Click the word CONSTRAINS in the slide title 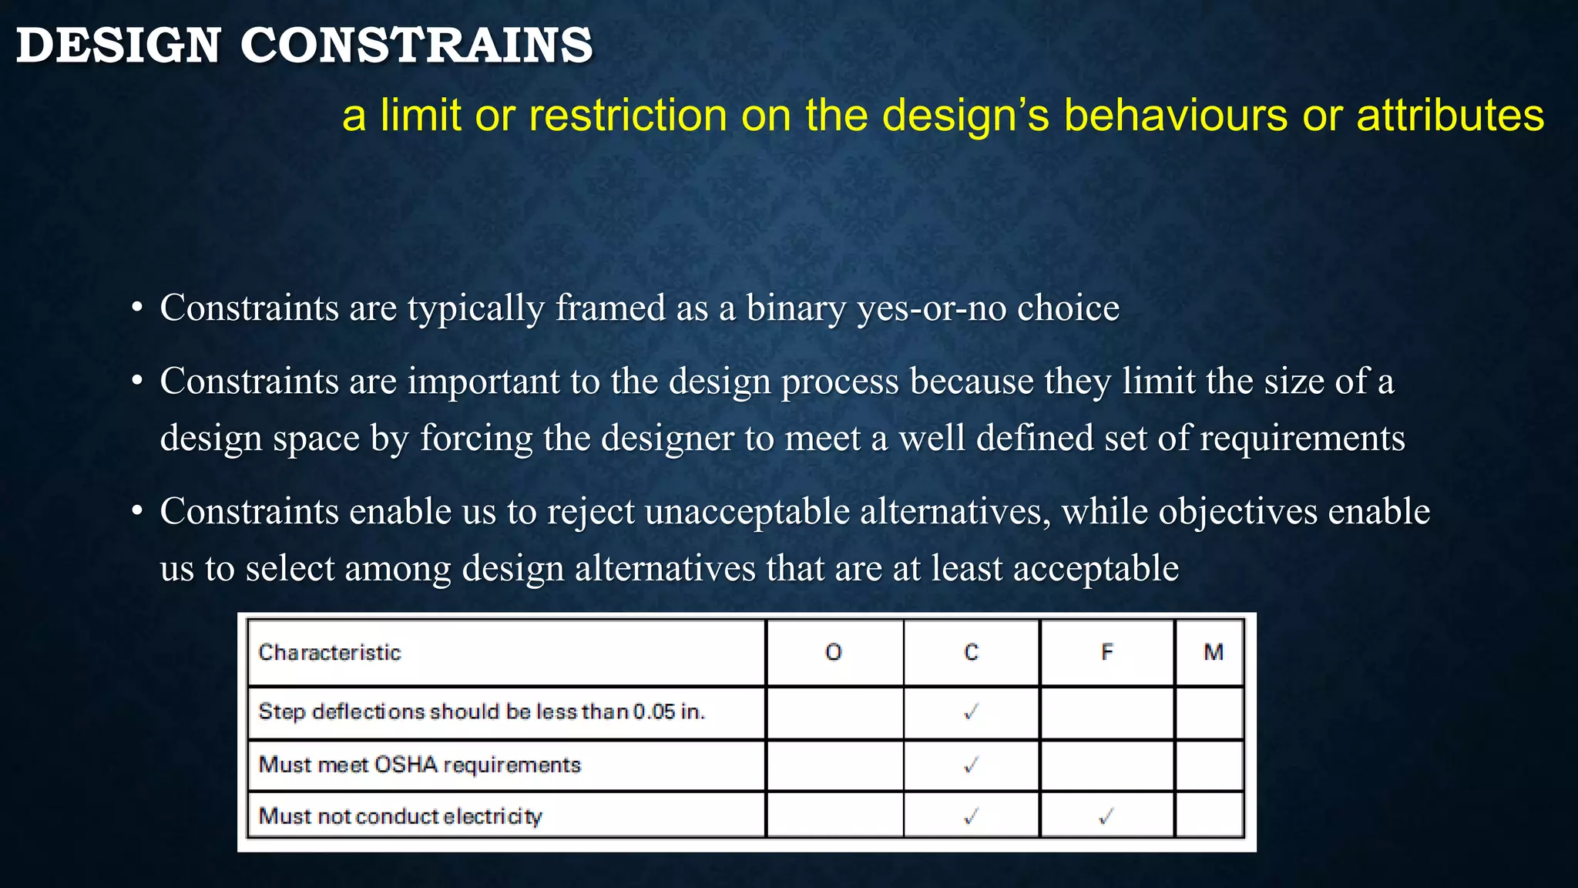(416, 45)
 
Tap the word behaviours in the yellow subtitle (1176, 116)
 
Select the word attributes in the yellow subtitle (1450, 116)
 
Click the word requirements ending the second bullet (1302, 438)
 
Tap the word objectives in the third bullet (1237, 512)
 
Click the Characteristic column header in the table (330, 653)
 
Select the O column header (833, 653)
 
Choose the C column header (971, 653)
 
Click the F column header (1106, 653)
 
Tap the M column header (1213, 653)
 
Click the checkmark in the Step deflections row (971, 711)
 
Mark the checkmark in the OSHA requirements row (971, 765)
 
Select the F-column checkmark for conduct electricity (1106, 816)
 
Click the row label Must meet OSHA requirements (419, 765)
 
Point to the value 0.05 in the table (653, 711)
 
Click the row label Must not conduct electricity (400, 816)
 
